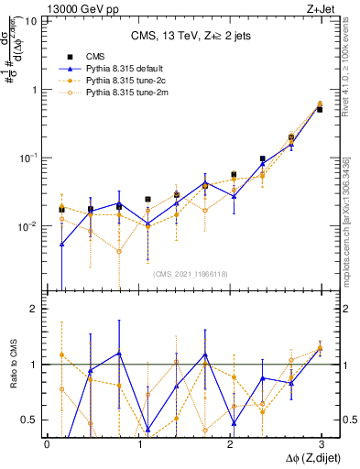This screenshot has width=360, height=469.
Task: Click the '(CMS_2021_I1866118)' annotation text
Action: pyautogui.click(x=191, y=272)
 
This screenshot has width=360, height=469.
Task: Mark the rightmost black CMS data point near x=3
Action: pyautogui.click(x=320, y=109)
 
